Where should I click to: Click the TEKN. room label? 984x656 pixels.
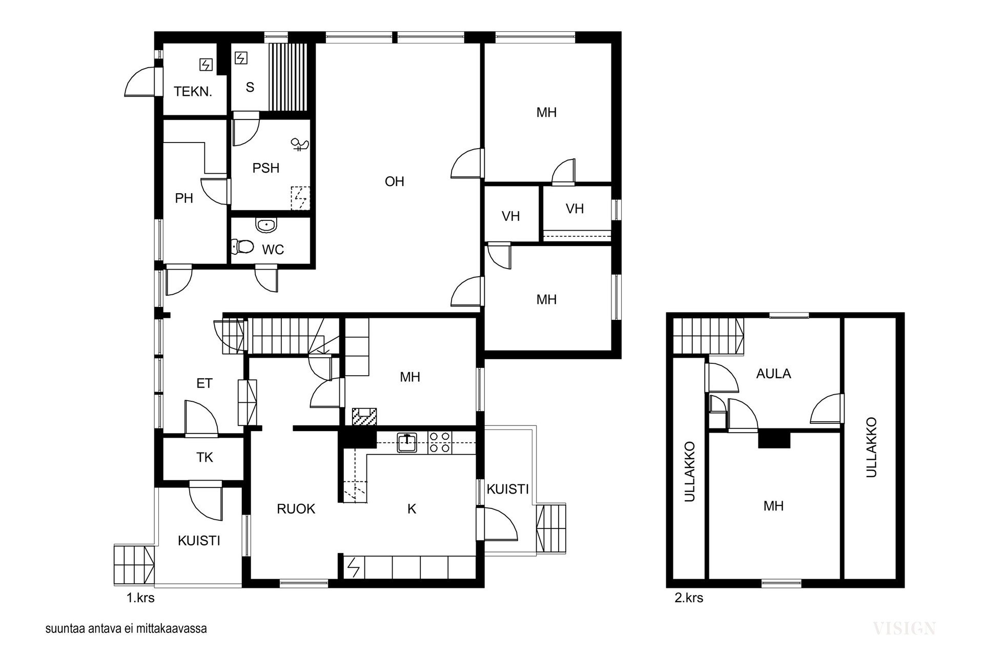[x=193, y=92]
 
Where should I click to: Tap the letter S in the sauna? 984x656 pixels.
[x=250, y=87]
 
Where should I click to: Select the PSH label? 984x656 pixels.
[x=266, y=168]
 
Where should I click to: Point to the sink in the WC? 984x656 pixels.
[x=266, y=224]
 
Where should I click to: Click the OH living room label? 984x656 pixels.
[x=395, y=181]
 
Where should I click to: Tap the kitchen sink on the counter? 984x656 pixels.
[x=407, y=442]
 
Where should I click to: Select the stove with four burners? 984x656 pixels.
[x=440, y=442]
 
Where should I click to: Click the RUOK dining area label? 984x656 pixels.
[x=296, y=509]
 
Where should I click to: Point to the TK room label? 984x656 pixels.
[x=204, y=457]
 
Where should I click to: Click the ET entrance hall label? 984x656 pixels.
[x=204, y=383]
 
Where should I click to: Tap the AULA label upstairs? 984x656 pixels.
[x=773, y=374]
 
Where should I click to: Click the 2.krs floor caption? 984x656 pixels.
[x=689, y=598]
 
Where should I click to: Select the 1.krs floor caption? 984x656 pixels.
[x=140, y=598]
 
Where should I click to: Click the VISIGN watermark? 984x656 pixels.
[x=904, y=628]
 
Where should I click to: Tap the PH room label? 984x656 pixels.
[x=184, y=198]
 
